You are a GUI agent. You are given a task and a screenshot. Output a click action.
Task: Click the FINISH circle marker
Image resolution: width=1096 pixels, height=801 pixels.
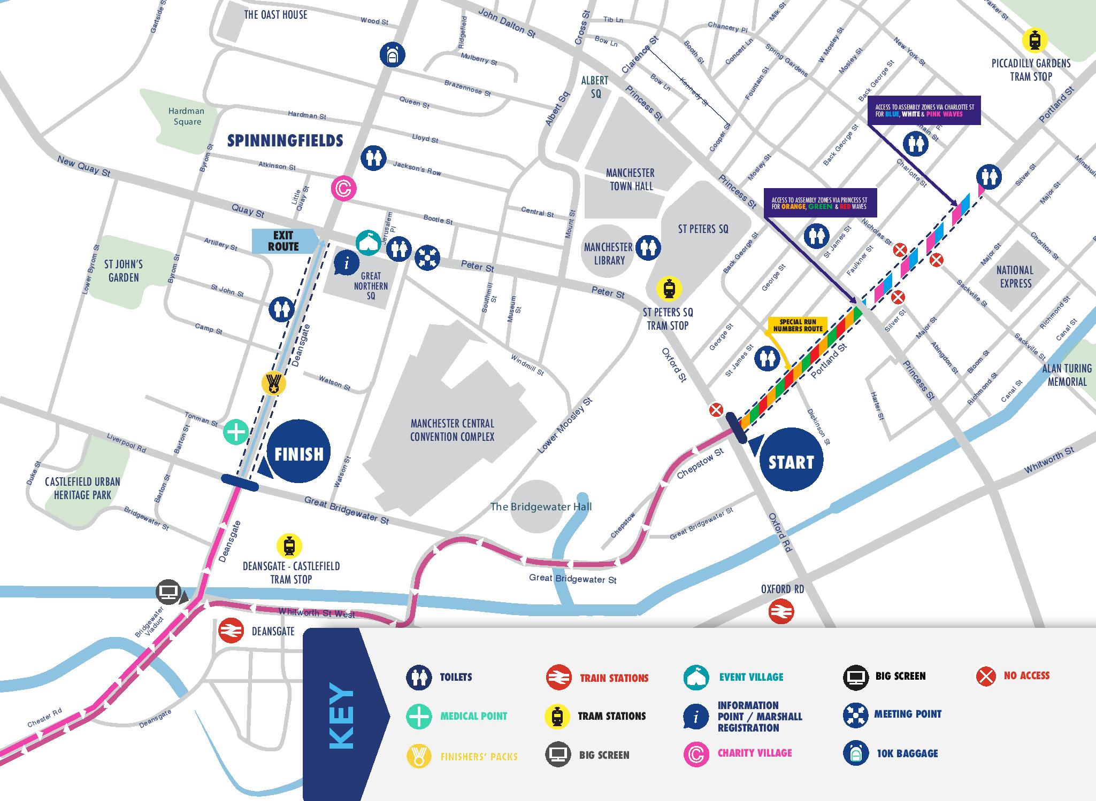[x=299, y=453]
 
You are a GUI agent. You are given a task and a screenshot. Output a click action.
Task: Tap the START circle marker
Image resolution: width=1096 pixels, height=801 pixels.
[x=791, y=461]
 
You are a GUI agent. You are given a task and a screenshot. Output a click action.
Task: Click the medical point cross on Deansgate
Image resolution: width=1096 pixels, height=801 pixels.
[x=236, y=432]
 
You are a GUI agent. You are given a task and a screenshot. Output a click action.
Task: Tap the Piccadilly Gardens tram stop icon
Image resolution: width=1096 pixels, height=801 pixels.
[x=1034, y=41]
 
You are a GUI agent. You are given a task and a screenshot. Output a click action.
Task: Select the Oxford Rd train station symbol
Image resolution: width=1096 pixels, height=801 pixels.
[x=781, y=612]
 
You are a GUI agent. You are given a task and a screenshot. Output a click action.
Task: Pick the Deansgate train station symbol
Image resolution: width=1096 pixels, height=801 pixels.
[x=232, y=631]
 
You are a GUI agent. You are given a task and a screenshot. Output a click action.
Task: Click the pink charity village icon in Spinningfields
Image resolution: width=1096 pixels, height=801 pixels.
[x=343, y=188]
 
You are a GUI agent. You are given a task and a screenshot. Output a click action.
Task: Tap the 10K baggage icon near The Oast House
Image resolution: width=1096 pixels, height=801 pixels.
[x=393, y=55]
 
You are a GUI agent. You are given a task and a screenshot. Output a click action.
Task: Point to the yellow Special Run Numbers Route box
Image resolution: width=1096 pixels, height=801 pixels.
[x=798, y=325]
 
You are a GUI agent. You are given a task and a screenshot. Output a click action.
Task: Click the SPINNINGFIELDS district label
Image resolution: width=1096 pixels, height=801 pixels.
[x=285, y=141]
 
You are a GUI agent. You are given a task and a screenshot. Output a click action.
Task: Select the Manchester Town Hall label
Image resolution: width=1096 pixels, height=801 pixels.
[x=630, y=180]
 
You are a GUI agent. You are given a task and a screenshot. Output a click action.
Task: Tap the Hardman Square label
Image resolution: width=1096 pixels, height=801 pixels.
[x=187, y=116]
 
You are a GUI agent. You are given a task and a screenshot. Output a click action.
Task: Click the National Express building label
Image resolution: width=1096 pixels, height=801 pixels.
[x=1015, y=277]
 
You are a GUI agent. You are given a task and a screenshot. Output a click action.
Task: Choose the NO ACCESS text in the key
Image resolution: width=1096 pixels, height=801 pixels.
[x=1026, y=675]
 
